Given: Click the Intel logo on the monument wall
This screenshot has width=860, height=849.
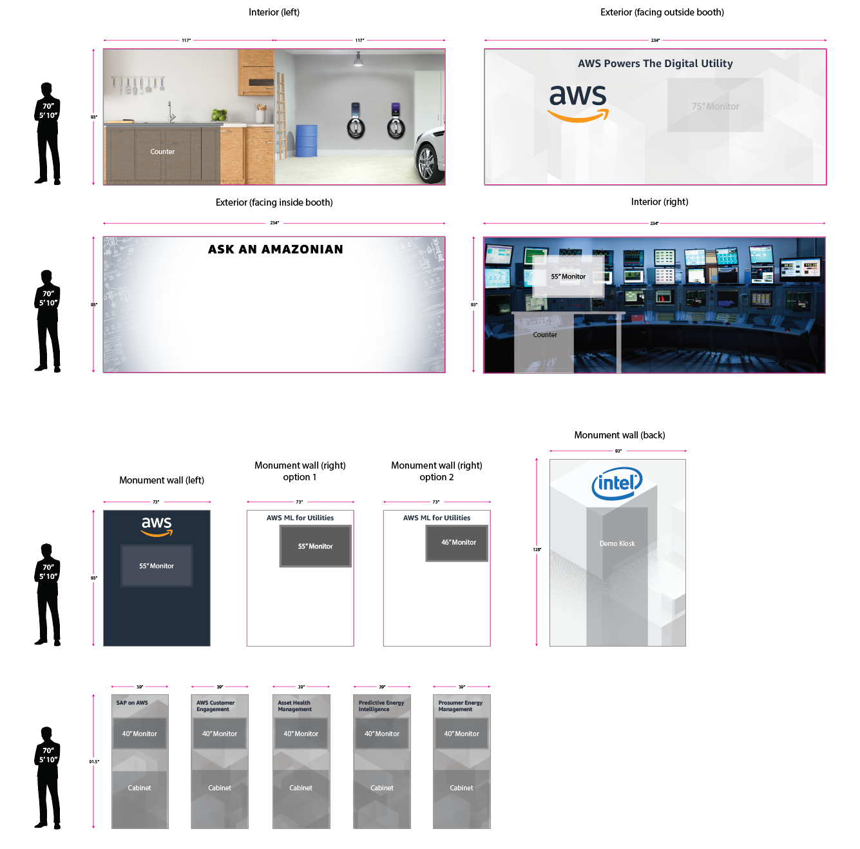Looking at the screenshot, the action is pyautogui.click(x=616, y=483).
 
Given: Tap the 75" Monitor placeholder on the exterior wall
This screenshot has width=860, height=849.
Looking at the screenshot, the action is pyautogui.click(x=715, y=106).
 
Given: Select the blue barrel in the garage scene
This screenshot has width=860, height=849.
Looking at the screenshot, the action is pyautogui.click(x=306, y=141).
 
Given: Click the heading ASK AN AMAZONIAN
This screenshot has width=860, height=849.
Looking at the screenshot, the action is pyautogui.click(x=275, y=249).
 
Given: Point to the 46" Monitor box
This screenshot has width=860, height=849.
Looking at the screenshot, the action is pyautogui.click(x=457, y=543).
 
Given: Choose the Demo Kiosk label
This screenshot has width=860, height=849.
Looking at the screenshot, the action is pyautogui.click(x=617, y=543).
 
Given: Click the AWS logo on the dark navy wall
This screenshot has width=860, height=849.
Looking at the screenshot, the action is pyautogui.click(x=157, y=525).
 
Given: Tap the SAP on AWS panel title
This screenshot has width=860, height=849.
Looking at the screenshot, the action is pyautogui.click(x=132, y=703).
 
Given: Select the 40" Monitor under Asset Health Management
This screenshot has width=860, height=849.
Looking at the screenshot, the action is pyautogui.click(x=301, y=734).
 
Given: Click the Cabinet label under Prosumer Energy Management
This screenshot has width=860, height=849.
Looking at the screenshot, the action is pyautogui.click(x=461, y=788).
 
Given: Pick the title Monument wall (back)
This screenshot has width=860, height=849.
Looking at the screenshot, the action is pyautogui.click(x=619, y=435).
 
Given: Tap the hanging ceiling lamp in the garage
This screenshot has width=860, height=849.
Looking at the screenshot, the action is pyautogui.click(x=358, y=60).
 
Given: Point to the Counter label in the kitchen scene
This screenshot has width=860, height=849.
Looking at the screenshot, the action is pyautogui.click(x=162, y=151).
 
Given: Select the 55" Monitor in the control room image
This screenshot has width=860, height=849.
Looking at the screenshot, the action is pyautogui.click(x=568, y=277).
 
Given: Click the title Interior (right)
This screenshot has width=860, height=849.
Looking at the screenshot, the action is pyautogui.click(x=659, y=202).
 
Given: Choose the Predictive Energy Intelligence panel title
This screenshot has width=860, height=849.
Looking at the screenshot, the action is pyautogui.click(x=381, y=706).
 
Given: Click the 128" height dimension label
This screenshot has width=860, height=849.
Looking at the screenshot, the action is pyautogui.click(x=537, y=550).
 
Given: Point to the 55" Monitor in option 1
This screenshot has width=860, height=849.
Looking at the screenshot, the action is pyautogui.click(x=315, y=547).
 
